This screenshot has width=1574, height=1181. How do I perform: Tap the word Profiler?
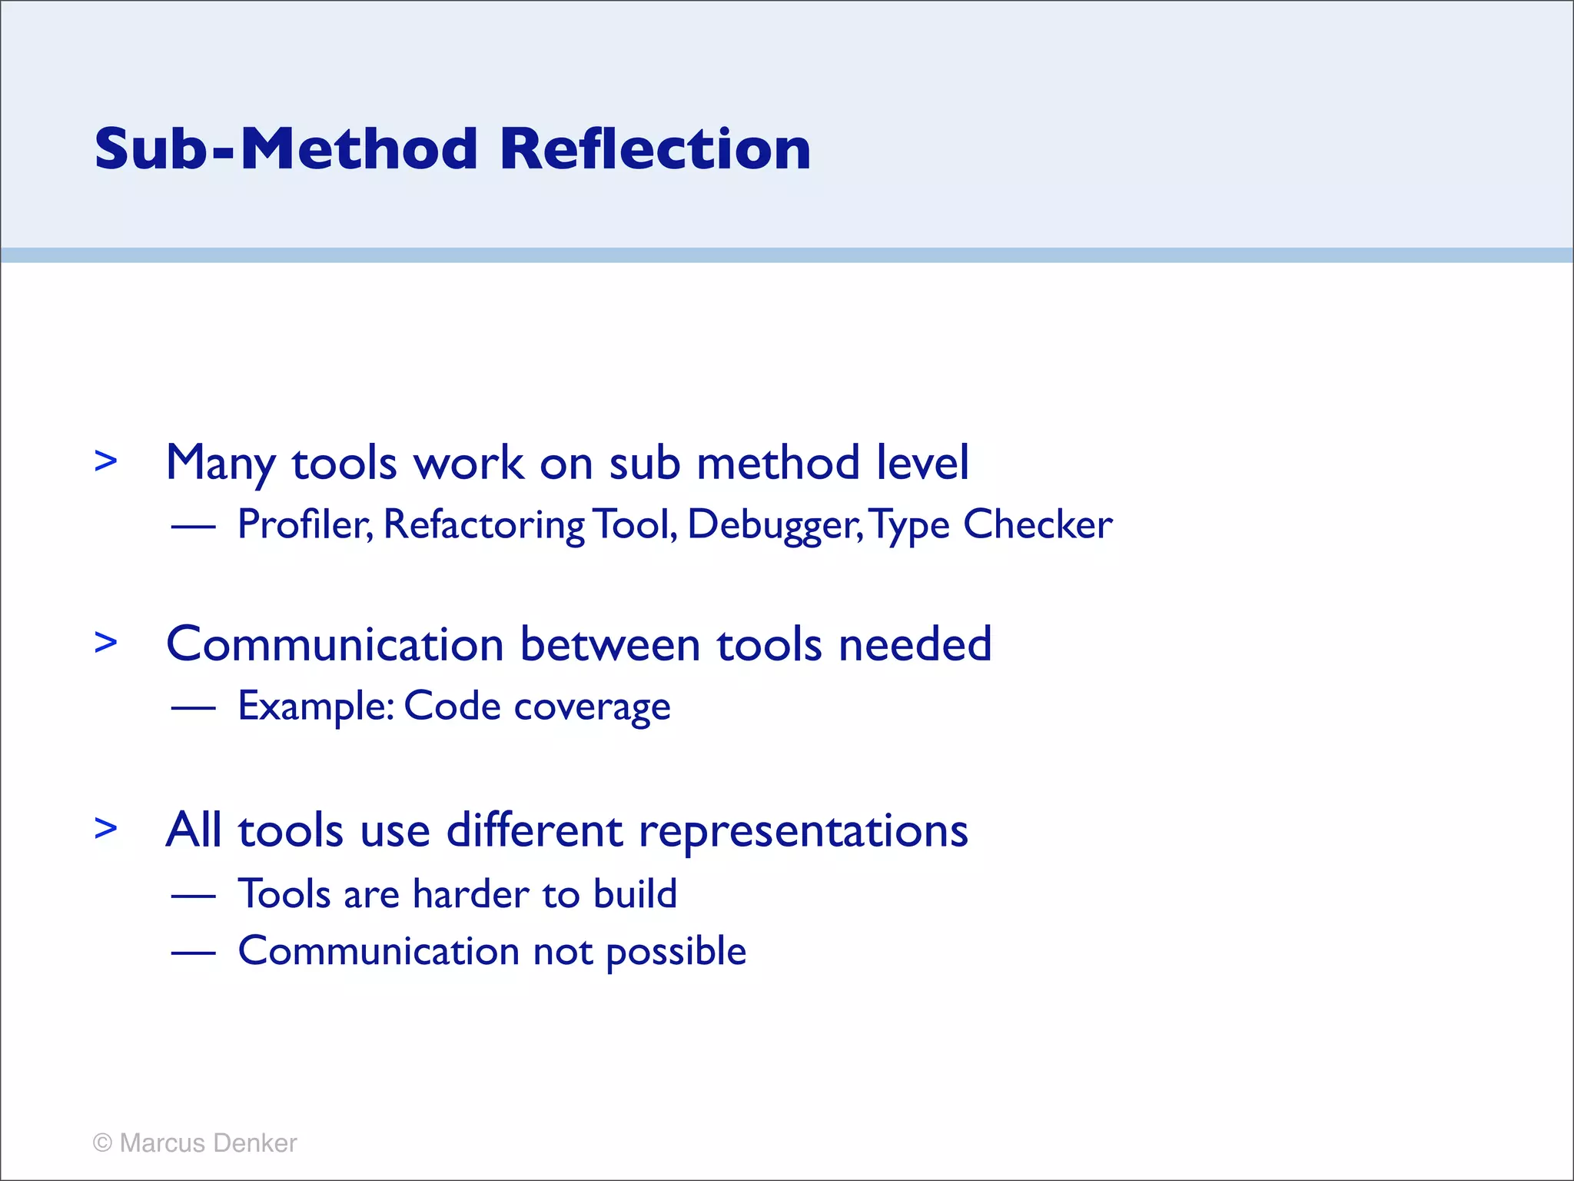point(304,524)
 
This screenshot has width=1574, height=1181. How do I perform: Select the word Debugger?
point(774,526)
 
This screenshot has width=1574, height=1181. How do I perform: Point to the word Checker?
point(1037,524)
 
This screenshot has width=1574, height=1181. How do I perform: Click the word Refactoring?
point(483,526)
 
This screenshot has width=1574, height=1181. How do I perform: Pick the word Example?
point(316,706)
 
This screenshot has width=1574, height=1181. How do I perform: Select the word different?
point(534,830)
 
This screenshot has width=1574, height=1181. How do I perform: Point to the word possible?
point(676,952)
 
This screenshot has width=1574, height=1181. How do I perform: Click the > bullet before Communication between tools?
point(106,642)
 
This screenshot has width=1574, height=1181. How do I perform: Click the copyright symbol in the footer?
point(102,1143)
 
